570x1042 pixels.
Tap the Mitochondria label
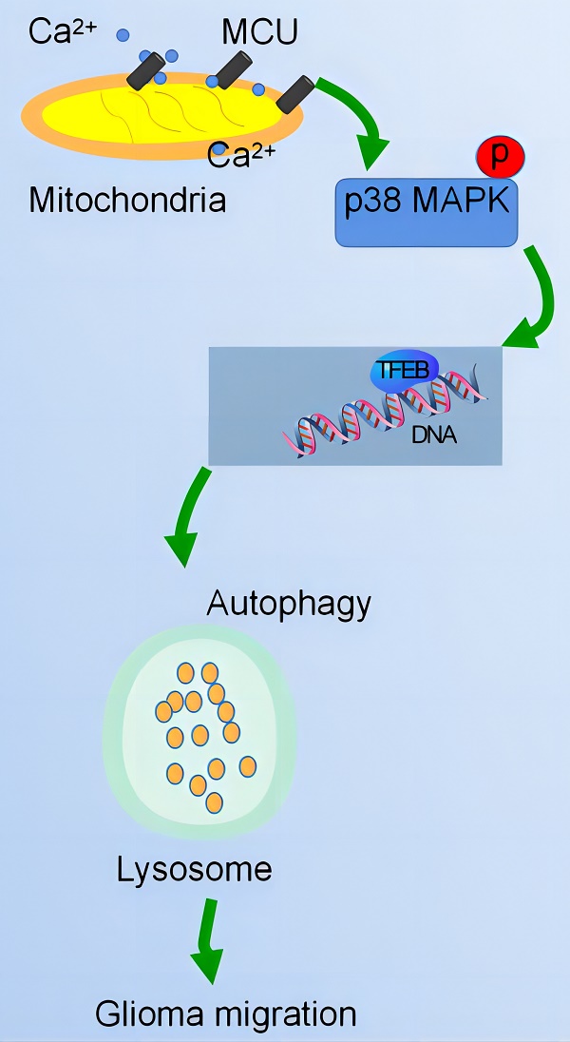click(x=127, y=200)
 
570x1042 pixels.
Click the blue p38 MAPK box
click(x=426, y=210)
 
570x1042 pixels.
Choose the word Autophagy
click(x=289, y=604)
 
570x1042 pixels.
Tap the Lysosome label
click(x=194, y=869)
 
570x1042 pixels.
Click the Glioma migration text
click(x=225, y=1013)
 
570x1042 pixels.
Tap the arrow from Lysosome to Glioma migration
click(x=206, y=941)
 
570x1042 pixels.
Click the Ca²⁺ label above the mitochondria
click(x=63, y=31)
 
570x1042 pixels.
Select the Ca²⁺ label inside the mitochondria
click(x=241, y=153)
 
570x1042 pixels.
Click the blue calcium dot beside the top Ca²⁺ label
click(x=123, y=35)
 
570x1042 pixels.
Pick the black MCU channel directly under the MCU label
click(x=232, y=69)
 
